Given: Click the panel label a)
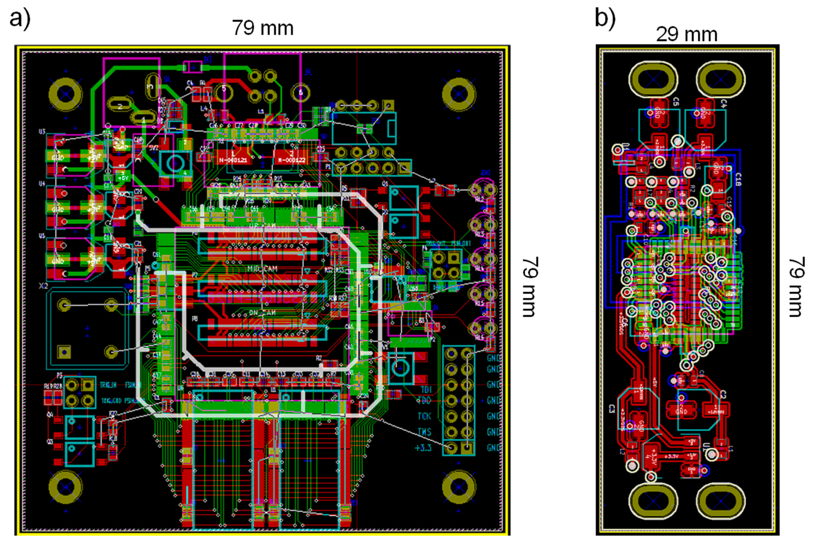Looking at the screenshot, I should click(x=20, y=18).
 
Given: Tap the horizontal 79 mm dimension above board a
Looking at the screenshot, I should click(x=263, y=28).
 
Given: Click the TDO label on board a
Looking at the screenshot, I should click(x=424, y=401).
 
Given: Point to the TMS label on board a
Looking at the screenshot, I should click(x=424, y=432).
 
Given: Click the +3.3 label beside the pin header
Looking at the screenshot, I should click(x=423, y=448).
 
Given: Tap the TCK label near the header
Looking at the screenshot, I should click(x=424, y=416).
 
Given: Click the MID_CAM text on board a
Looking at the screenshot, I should click(x=262, y=268).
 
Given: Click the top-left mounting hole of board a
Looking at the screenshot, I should click(x=66, y=94).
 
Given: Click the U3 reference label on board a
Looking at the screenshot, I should click(x=42, y=132).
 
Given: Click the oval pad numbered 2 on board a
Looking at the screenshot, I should click(x=120, y=106).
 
